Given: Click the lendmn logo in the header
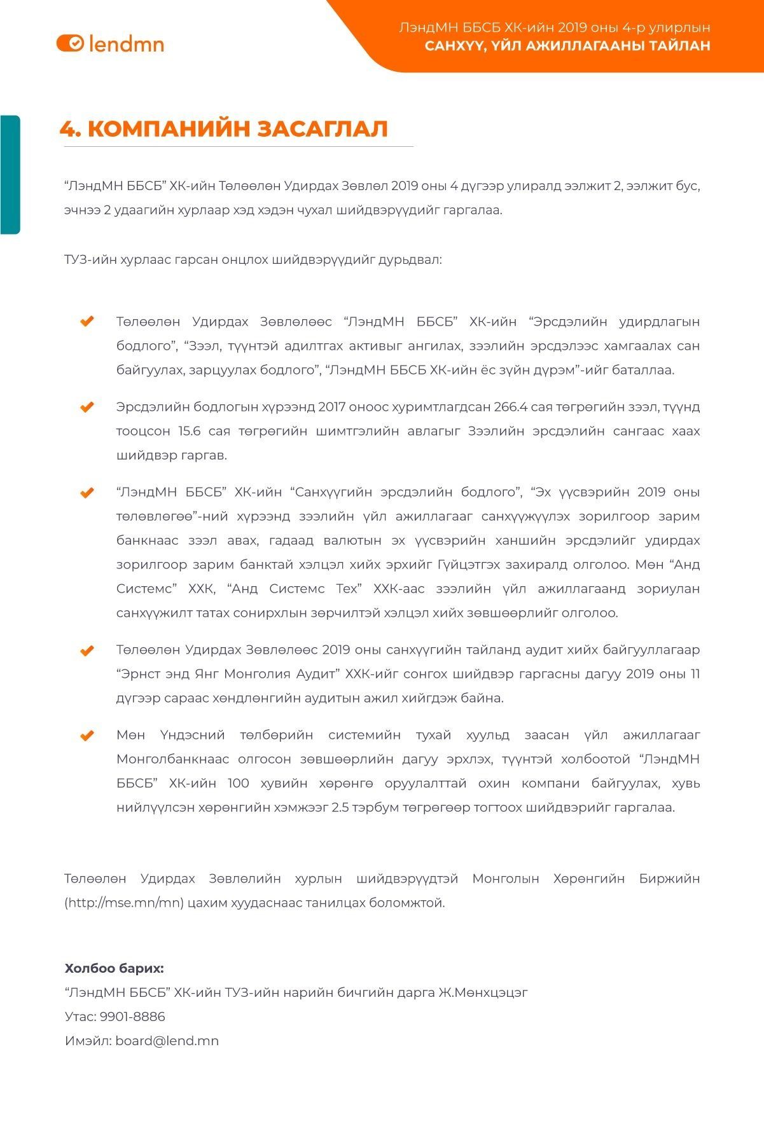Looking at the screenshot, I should [110, 43].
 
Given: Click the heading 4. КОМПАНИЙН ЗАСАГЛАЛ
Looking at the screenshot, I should [223, 128].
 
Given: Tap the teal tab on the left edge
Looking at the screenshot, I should [10, 175].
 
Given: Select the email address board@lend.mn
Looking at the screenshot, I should [167, 1041].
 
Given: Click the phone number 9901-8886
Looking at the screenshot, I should [132, 1017].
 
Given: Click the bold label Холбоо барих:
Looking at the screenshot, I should [114, 968].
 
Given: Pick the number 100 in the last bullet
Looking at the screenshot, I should [238, 783].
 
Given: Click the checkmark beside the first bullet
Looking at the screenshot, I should [87, 322].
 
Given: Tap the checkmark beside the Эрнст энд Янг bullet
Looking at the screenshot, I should [87, 650].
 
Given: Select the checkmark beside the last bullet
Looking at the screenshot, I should [87, 736].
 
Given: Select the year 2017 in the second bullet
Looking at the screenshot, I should [331, 407].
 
